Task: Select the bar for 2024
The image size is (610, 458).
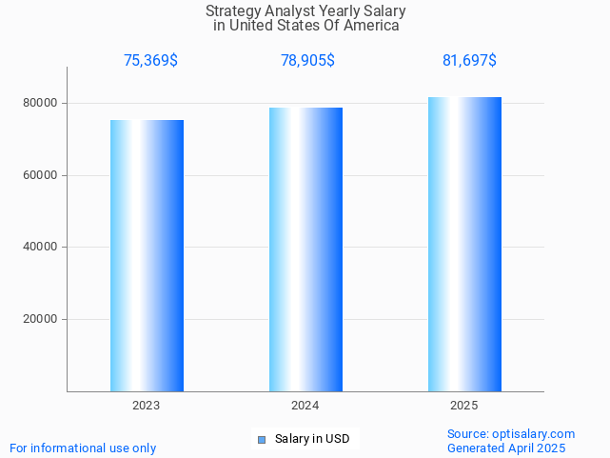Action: click(x=305, y=249)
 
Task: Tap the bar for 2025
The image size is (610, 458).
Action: click(x=464, y=244)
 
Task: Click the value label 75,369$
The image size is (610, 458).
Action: click(x=150, y=61)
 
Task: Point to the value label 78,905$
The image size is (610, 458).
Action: click(x=307, y=61)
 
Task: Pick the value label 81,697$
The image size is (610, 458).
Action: click(x=469, y=61)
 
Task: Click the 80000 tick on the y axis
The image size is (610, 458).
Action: click(x=41, y=103)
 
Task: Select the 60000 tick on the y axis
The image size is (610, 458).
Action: click(x=41, y=175)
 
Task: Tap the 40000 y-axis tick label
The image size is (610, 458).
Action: click(x=41, y=248)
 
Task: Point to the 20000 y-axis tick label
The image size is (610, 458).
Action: click(x=41, y=320)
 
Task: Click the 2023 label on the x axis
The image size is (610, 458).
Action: click(x=147, y=406)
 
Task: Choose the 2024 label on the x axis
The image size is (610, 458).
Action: click(x=305, y=406)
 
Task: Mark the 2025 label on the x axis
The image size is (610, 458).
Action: click(x=464, y=406)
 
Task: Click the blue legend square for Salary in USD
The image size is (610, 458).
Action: click(x=262, y=439)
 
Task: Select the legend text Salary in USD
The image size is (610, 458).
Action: click(x=311, y=439)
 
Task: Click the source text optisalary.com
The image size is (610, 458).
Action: click(x=533, y=433)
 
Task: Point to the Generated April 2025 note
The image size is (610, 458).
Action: click(x=506, y=448)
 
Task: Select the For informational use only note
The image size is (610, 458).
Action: click(x=83, y=448)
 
